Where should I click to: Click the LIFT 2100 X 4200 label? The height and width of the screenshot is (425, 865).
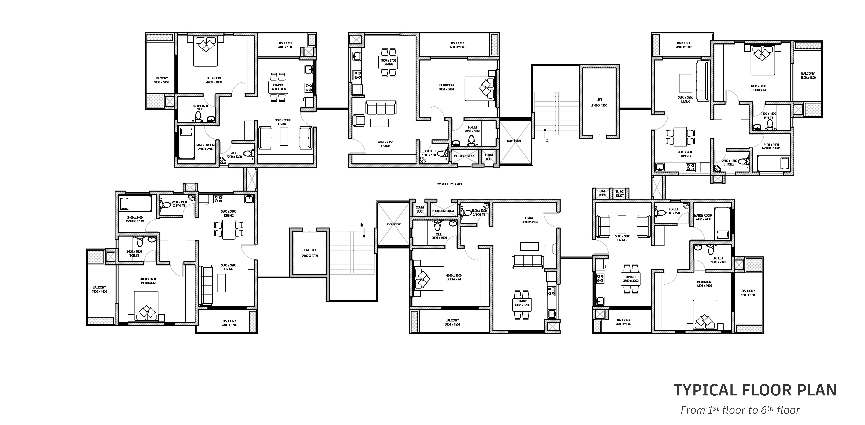[599, 102]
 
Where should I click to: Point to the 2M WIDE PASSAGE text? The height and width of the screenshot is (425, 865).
[450, 184]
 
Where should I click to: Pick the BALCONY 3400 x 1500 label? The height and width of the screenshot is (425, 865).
[684, 45]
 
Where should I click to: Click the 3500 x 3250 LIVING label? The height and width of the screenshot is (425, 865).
[686, 99]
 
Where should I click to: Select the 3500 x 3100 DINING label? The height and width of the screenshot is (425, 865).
[229, 213]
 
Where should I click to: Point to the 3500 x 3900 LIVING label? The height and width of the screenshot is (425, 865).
[229, 267]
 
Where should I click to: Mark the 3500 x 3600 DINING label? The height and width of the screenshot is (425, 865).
[686, 154]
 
